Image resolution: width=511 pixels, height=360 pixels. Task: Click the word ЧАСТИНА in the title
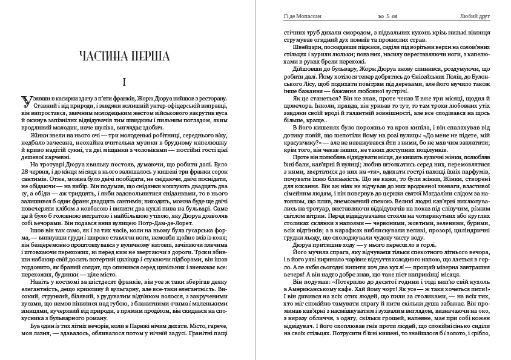pos(107,56)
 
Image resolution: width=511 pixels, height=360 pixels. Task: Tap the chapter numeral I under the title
pos(124,81)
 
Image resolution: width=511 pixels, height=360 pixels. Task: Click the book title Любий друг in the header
pos(473,7)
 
